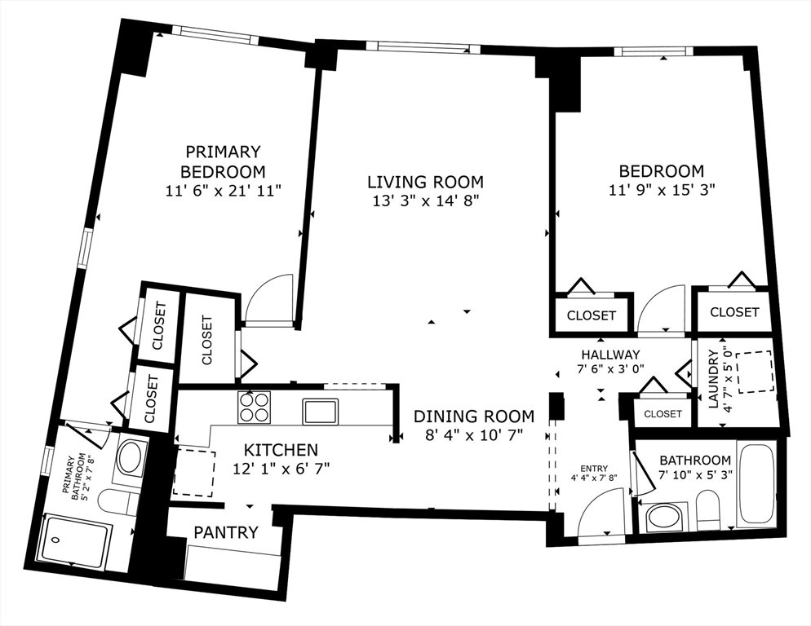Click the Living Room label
425,182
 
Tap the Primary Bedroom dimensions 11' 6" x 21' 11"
224,191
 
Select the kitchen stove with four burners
254,407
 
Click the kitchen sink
321,411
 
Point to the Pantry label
225,532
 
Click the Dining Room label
474,417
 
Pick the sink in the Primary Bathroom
129,457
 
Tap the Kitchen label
281,450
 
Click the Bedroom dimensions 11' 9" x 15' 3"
662,190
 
